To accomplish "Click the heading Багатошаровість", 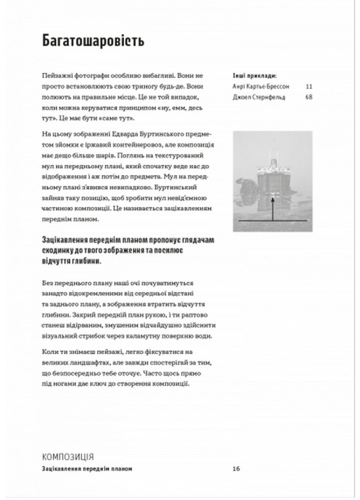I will [x=93, y=41].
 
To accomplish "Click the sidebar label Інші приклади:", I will [x=253, y=76].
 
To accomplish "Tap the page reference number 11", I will [x=308, y=86].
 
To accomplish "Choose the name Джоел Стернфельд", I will [x=259, y=97].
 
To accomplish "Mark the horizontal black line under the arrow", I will [x=272, y=220].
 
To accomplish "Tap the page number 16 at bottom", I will [x=236, y=468].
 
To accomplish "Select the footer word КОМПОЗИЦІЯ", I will [x=68, y=456].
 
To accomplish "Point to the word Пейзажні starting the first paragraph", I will [x=58, y=75].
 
